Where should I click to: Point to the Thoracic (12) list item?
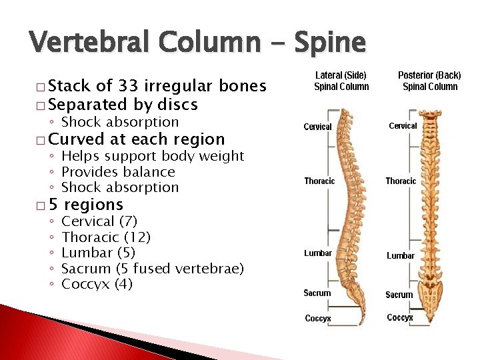point(106,237)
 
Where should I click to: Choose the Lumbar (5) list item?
point(98,253)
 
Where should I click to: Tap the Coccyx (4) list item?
point(97,285)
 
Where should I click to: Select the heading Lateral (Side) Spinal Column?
point(341,81)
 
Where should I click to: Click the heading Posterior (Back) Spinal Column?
point(430,81)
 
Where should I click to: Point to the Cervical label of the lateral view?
point(317,127)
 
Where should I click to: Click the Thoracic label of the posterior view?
point(401,181)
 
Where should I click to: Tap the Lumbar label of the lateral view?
point(317,253)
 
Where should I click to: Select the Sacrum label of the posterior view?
point(399,295)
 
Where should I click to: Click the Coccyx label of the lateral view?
point(318,319)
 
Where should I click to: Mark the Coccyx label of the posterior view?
point(400,317)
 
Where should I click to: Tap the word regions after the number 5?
point(93,205)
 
